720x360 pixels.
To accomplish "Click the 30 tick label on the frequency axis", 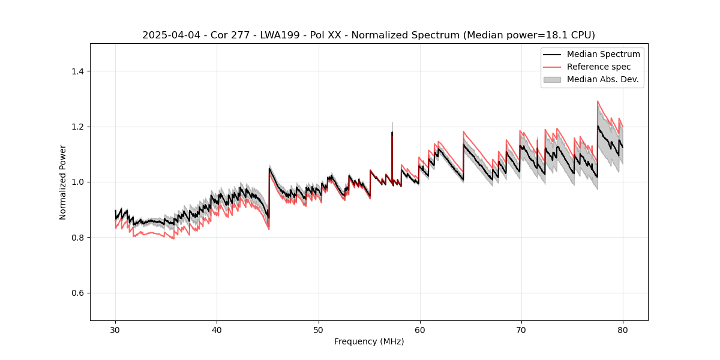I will (115, 329).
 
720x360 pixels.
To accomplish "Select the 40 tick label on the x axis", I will (217, 329).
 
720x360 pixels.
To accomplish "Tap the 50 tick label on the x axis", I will (318, 329).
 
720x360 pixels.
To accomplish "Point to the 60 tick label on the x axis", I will (419, 329).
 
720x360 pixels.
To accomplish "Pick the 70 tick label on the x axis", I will (521, 329).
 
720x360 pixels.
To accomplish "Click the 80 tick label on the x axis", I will (622, 329).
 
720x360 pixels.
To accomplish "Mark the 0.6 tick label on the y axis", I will (77, 293).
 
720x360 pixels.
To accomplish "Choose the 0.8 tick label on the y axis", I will (77, 238).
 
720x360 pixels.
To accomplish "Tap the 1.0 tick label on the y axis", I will (77, 182).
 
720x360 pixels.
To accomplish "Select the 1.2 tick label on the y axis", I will (77, 127).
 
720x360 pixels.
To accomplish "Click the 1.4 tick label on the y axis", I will (77, 71).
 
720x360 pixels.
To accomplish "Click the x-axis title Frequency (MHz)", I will (369, 341).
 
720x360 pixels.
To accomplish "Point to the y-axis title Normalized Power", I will (63, 182).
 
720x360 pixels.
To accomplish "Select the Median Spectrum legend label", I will (603, 54).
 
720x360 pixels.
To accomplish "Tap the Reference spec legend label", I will (599, 67).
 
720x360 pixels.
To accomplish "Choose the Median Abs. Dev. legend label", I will (602, 79).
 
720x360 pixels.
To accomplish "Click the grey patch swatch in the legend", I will (552, 79).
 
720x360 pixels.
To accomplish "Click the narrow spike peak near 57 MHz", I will (392, 124).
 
